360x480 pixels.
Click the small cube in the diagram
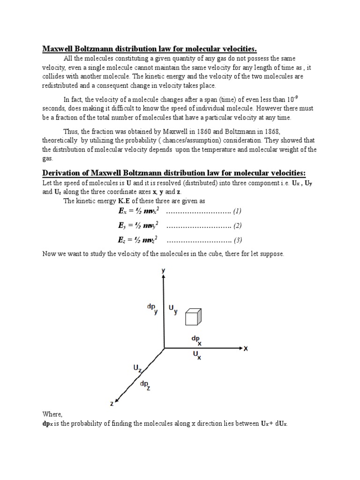pyautogui.click(x=193, y=317)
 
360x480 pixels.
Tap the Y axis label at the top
pyautogui.click(x=163, y=270)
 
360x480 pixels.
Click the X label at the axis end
pyautogui.click(x=245, y=349)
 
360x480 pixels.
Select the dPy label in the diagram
pyautogui.click(x=153, y=308)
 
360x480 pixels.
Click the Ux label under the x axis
pyautogui.click(x=197, y=356)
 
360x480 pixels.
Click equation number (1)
pyautogui.click(x=237, y=211)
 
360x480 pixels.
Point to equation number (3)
pyautogui.click(x=237, y=240)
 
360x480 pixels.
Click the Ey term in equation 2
pyautogui.click(x=123, y=226)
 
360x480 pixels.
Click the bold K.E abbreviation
pyautogui.click(x=124, y=201)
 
